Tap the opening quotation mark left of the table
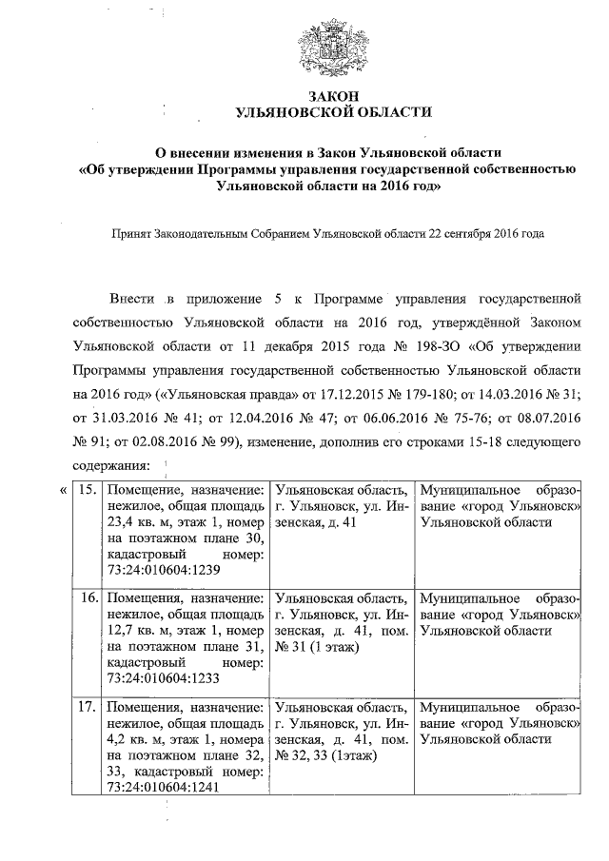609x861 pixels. point(62,491)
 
